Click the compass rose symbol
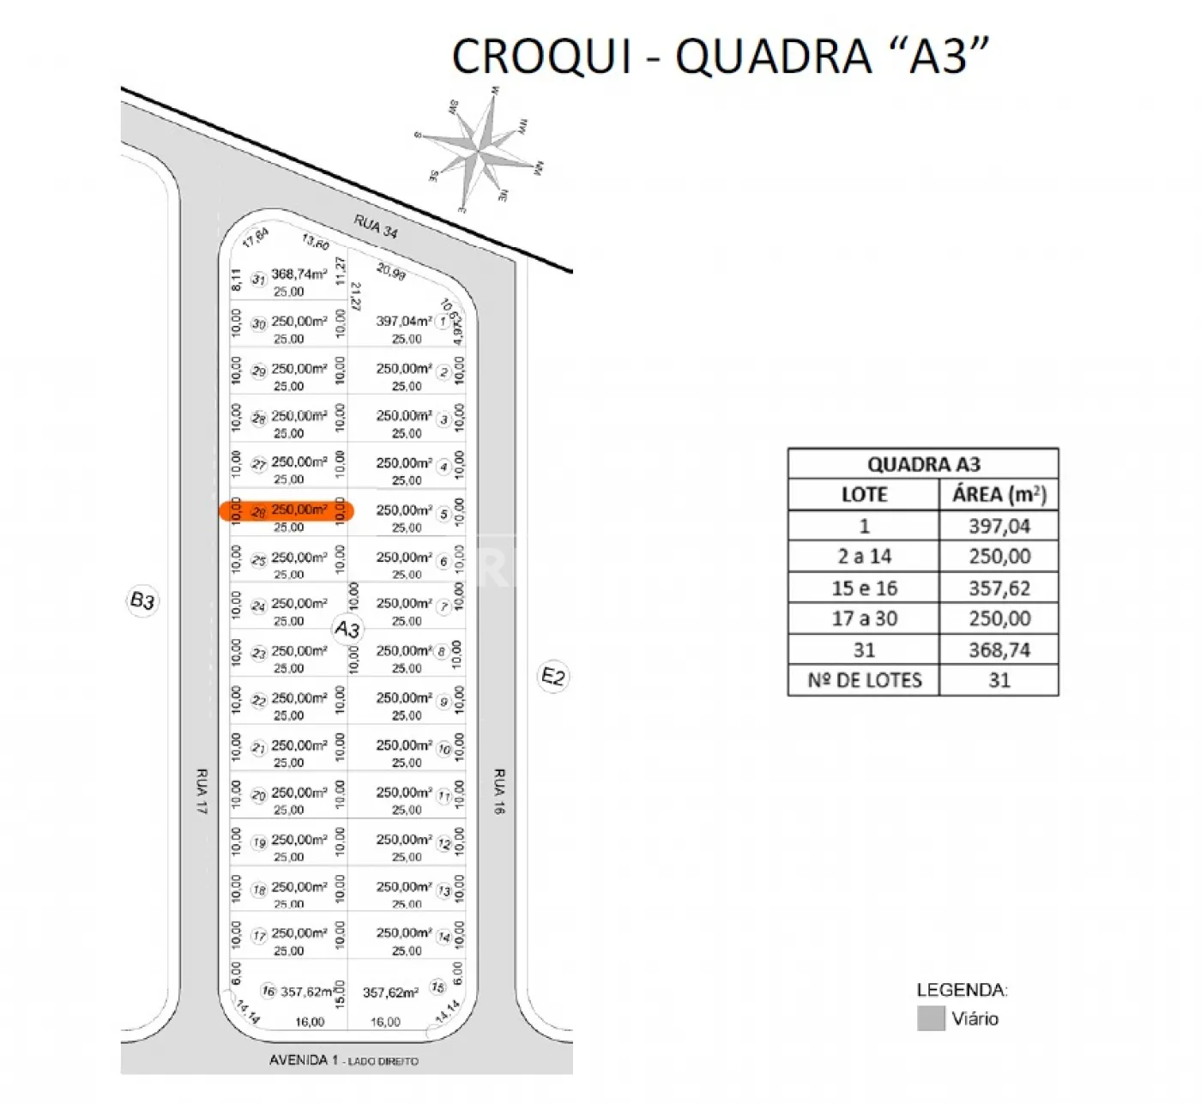pos(481,152)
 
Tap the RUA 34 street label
pos(376,227)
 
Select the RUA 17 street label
pos(202,791)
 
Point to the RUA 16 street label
pos(499,791)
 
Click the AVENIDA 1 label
pos(304,1060)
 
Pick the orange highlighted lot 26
pos(287,511)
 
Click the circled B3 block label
pos(142,600)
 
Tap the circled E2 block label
pos(553,677)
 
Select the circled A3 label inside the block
pos(347,629)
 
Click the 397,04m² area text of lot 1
pos(403,321)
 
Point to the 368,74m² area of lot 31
pos(299,274)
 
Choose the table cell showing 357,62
pos(999,588)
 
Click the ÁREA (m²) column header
pos(999,495)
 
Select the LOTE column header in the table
pos(864,495)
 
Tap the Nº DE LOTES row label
pos(864,680)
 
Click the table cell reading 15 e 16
pos(864,588)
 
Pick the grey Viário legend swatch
pos(931,1018)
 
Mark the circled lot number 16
pos(269,991)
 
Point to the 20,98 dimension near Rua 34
pos(391,272)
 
